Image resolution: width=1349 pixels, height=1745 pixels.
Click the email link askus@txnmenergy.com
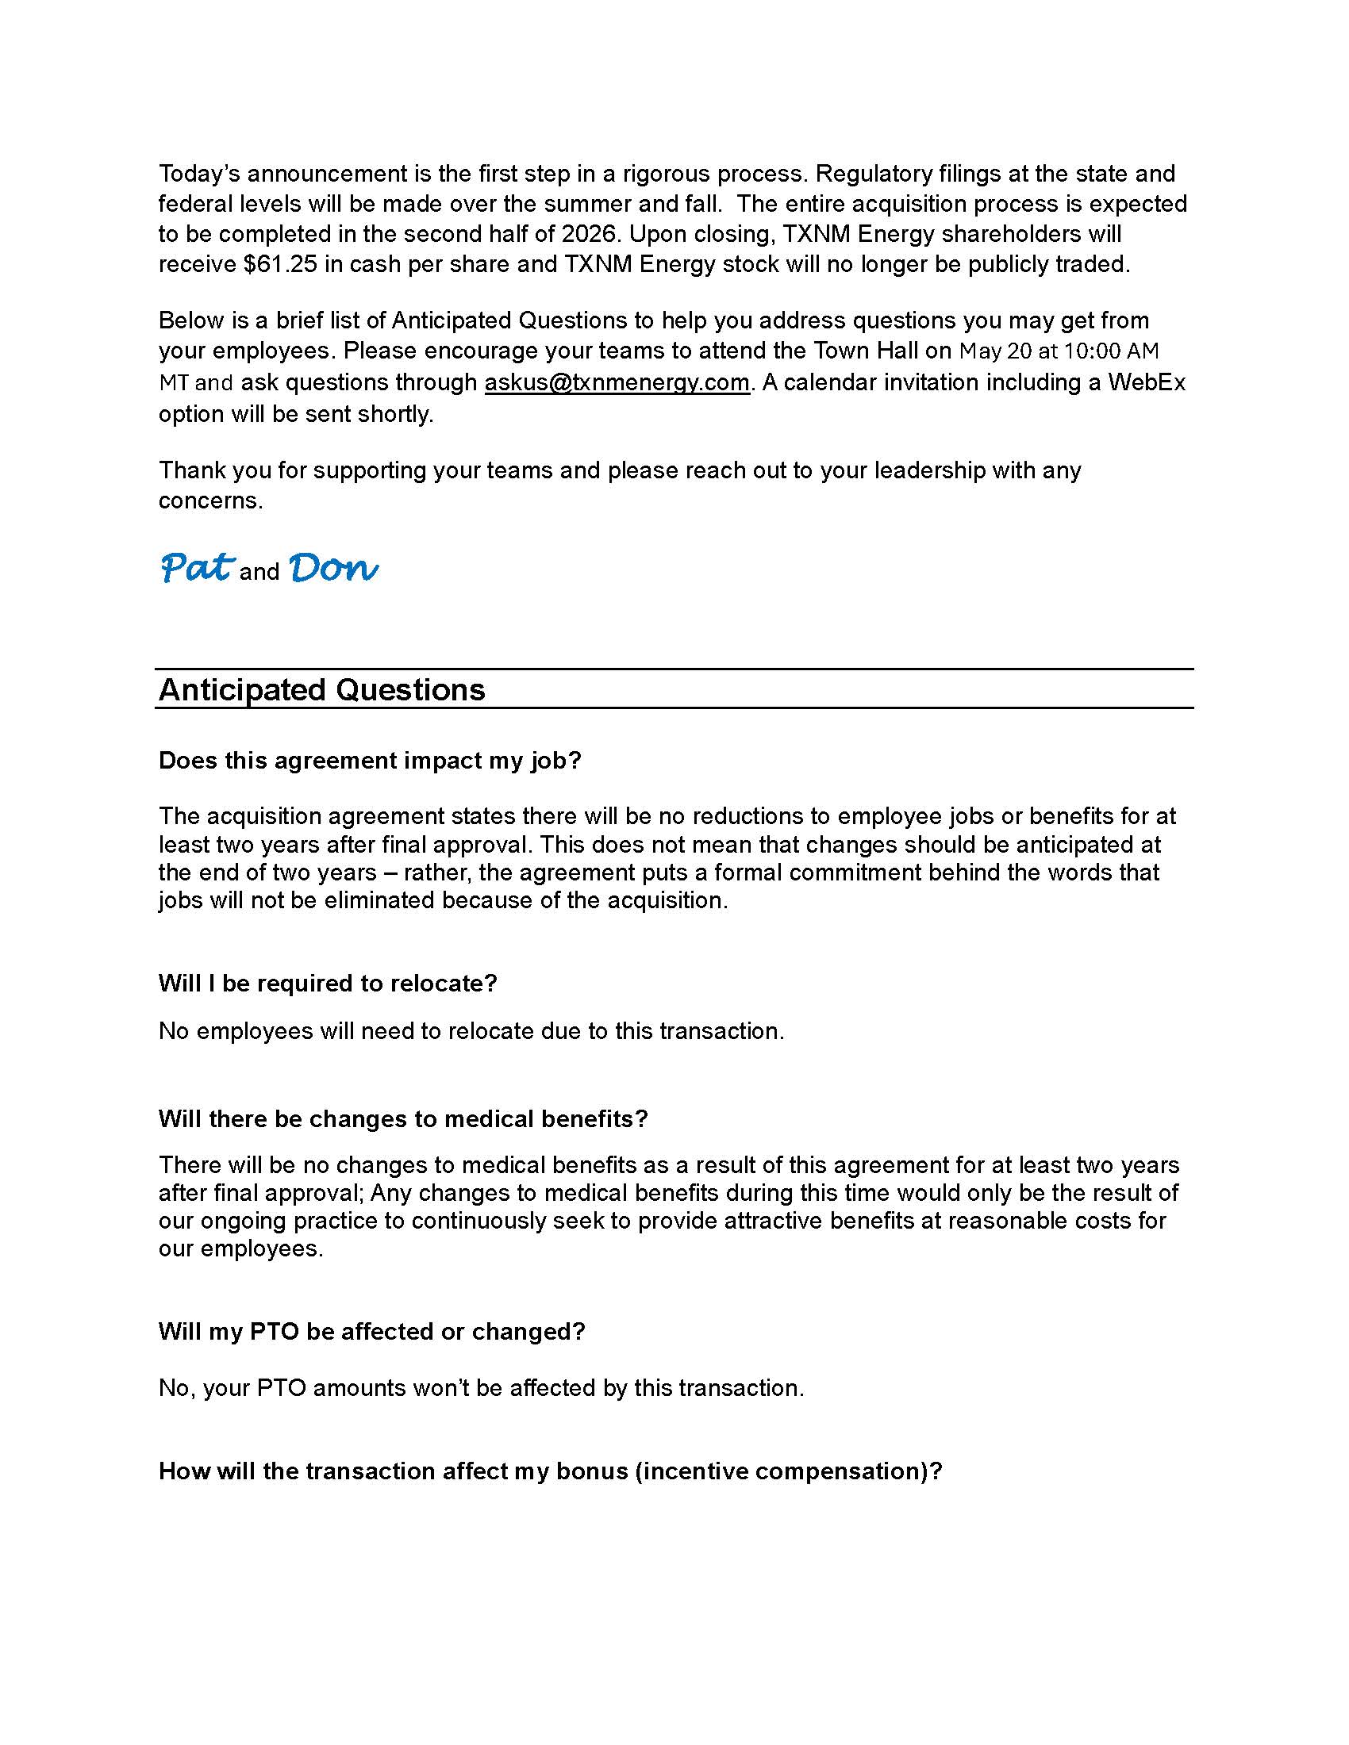616,383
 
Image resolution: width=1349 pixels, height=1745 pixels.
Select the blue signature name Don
332,568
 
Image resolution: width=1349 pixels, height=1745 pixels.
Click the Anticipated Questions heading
321,689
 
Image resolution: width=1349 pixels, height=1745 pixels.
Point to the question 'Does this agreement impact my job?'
369,760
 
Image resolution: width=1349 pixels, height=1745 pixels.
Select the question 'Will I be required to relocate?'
328,983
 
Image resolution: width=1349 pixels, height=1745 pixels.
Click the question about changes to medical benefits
403,1118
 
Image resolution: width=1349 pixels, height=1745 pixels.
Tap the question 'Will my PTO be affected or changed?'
371,1331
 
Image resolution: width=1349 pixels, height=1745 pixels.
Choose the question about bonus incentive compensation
551,1471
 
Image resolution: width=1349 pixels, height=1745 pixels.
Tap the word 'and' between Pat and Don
259,572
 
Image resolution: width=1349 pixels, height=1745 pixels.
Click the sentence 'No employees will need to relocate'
471,1030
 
